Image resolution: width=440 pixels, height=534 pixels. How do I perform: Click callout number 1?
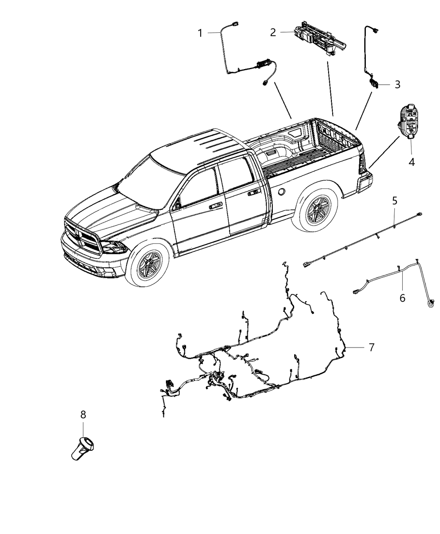click(200, 33)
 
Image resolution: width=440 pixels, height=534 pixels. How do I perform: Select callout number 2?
click(273, 32)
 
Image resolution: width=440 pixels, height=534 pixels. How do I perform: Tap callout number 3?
click(397, 85)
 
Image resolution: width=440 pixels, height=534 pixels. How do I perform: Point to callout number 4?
click(412, 162)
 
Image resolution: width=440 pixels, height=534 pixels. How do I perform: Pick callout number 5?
click(395, 201)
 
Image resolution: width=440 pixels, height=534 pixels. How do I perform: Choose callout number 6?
click(402, 298)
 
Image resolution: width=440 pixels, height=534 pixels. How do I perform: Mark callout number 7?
click(371, 347)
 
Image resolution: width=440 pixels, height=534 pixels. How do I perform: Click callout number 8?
click(83, 415)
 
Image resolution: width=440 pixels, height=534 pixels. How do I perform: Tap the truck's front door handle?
click(216, 206)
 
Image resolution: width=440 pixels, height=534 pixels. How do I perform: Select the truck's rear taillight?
click(361, 165)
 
